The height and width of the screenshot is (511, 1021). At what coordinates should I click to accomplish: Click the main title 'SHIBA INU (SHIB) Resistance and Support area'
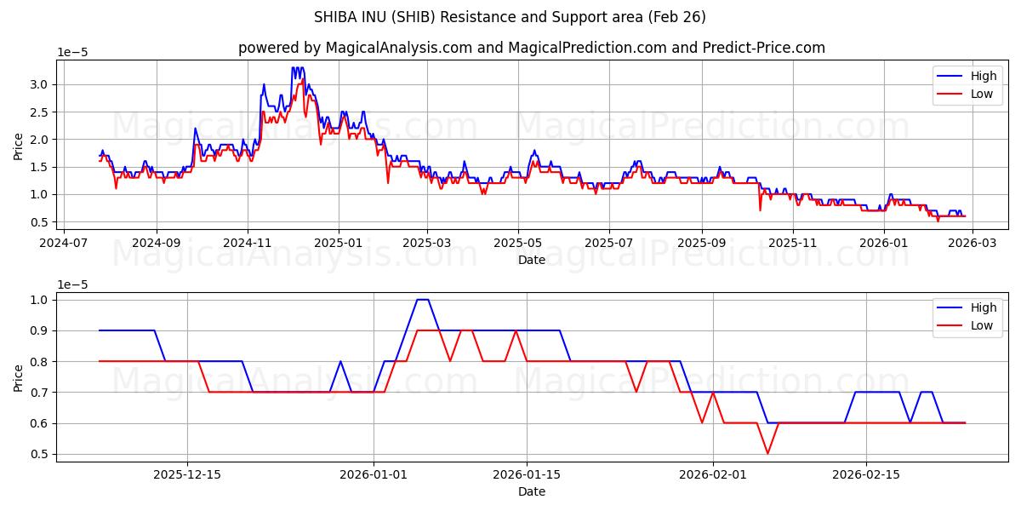[x=510, y=17]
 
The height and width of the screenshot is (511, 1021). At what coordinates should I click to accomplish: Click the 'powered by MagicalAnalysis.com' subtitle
[x=531, y=48]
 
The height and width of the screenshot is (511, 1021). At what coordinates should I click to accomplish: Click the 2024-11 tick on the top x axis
[x=248, y=243]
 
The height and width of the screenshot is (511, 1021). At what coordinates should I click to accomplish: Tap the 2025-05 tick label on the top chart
[x=518, y=243]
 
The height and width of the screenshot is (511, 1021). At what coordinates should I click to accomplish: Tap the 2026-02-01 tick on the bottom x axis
[x=712, y=474]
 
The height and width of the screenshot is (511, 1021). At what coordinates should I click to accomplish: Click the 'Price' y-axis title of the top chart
[x=19, y=146]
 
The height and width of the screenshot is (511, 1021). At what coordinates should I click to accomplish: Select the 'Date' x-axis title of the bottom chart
[x=531, y=491]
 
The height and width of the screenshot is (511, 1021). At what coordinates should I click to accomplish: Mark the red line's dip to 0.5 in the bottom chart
[x=767, y=453]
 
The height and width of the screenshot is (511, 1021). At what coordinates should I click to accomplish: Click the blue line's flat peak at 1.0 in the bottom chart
[x=422, y=300]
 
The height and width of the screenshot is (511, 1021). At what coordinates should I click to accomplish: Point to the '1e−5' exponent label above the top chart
[x=72, y=53]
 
